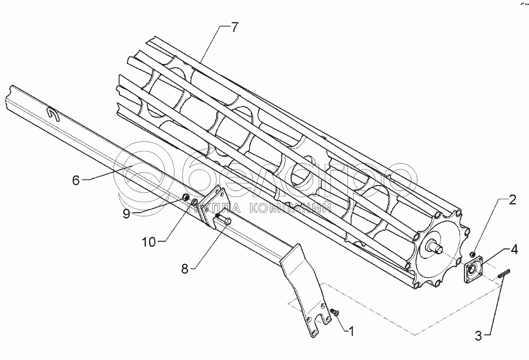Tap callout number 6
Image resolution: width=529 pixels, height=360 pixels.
pos(75,180)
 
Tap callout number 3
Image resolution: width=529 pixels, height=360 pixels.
pos(480,336)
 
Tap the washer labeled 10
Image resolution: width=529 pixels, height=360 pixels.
pos(193,203)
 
